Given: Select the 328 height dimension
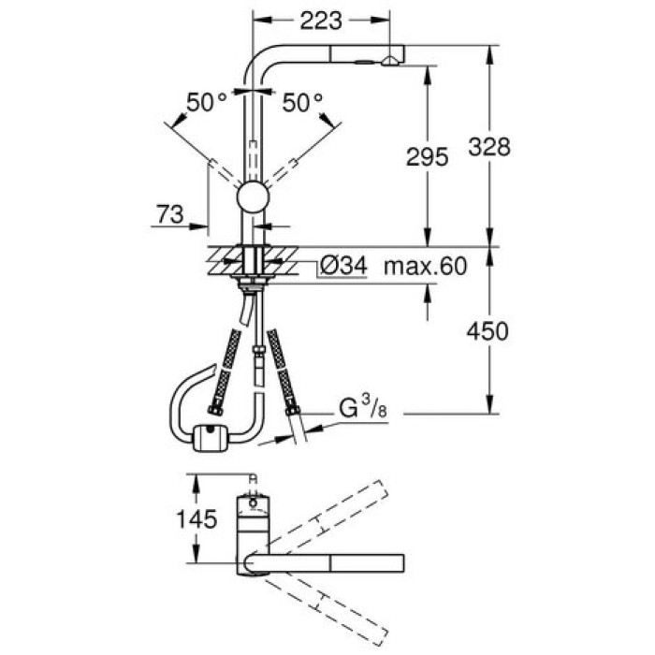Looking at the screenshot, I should pos(489,147).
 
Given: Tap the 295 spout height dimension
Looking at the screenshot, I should pos(429,158).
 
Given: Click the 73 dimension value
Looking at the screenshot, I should pos(168,216).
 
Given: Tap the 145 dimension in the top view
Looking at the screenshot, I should pos(196,518).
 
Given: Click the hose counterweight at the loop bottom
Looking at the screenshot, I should pos(210,436).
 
